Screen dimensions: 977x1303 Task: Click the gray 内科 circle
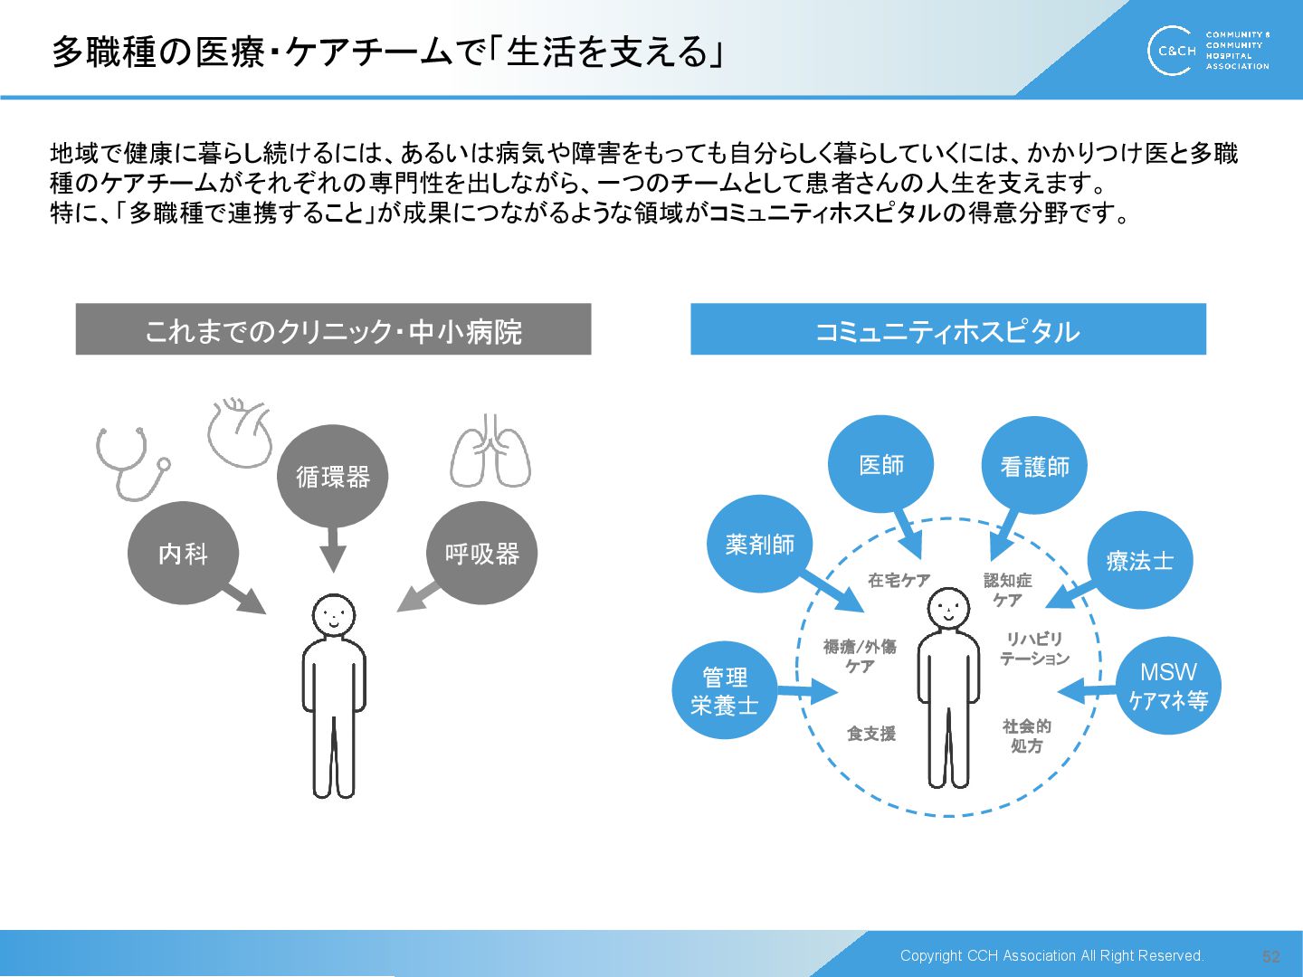point(183,553)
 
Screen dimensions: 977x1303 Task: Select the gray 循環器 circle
point(332,476)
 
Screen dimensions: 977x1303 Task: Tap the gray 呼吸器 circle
point(481,553)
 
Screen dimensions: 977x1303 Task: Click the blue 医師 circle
point(880,464)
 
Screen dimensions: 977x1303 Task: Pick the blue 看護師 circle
point(1034,466)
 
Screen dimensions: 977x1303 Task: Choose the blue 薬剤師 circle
point(759,544)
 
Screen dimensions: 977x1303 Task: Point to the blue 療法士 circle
point(1139,561)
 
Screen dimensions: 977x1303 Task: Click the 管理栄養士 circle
point(724,690)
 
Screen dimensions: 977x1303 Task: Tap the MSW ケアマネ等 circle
point(1167,686)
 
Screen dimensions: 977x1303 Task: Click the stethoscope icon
point(131,461)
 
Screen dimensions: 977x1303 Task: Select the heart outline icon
point(240,432)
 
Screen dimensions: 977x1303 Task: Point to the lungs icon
point(490,451)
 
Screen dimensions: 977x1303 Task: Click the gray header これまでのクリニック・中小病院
point(333,329)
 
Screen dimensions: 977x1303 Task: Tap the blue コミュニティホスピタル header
point(947,329)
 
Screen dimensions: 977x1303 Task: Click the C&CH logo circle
point(1174,51)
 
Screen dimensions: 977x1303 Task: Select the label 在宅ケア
point(899,581)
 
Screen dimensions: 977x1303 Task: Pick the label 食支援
point(870,734)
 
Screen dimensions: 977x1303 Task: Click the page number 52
point(1270,956)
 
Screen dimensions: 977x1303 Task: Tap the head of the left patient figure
point(334,616)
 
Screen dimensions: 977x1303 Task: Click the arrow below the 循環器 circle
point(333,550)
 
